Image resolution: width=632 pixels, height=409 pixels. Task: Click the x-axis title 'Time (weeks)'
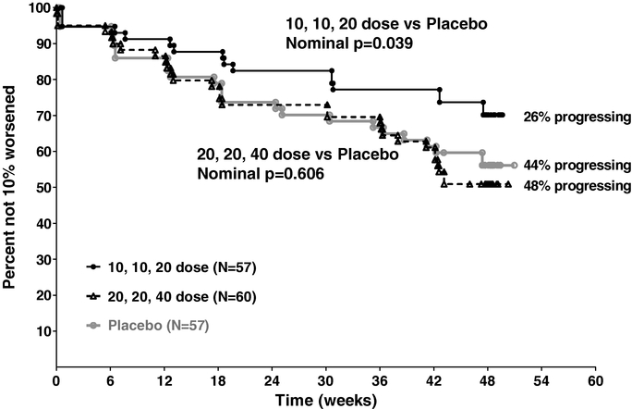click(325, 399)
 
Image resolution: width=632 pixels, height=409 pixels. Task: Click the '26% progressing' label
click(577, 118)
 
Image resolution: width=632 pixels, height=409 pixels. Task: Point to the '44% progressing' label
click(577, 166)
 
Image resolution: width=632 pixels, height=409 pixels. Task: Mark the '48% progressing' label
click(577, 185)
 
